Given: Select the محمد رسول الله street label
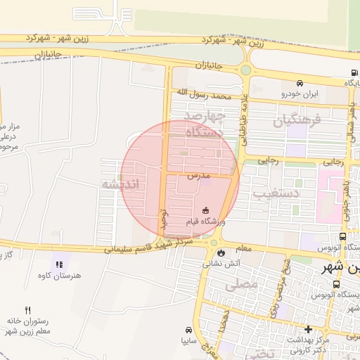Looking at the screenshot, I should pos(203,93).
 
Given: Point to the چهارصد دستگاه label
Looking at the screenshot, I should pos(204,123).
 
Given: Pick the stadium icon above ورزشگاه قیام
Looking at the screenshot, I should pos(205,210).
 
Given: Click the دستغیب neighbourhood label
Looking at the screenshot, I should pos(295,191).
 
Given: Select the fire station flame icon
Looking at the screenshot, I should pos(221,253).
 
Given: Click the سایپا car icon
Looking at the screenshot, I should pos(188,330).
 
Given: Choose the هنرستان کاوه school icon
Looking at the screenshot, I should pos(59,264).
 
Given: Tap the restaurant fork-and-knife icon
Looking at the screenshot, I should pos(28,309).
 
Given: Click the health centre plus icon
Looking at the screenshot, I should pos(308,329).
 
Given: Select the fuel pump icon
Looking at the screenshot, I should pos(352,72).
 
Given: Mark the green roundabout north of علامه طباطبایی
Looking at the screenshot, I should pos(245,70).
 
